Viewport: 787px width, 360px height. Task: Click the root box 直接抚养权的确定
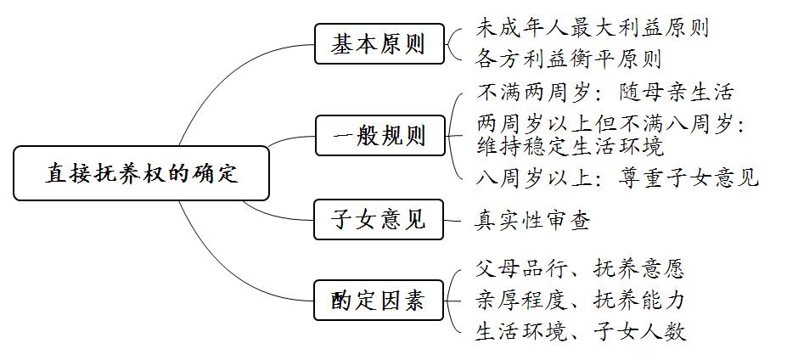(x=141, y=173)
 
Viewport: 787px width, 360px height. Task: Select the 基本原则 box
(x=379, y=43)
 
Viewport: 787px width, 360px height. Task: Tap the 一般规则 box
(x=380, y=136)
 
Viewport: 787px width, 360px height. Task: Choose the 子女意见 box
(x=379, y=219)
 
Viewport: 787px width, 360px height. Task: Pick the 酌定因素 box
(x=379, y=301)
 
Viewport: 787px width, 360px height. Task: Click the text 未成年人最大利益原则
(x=593, y=28)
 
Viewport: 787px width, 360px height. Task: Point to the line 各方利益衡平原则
(x=569, y=59)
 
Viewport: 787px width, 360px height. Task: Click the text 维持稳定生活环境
(x=570, y=146)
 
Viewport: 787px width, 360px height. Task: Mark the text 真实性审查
(x=532, y=221)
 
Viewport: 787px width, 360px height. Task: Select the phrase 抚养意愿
(x=638, y=269)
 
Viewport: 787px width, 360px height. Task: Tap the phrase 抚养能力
(x=638, y=301)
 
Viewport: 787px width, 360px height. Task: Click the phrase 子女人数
(x=638, y=331)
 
